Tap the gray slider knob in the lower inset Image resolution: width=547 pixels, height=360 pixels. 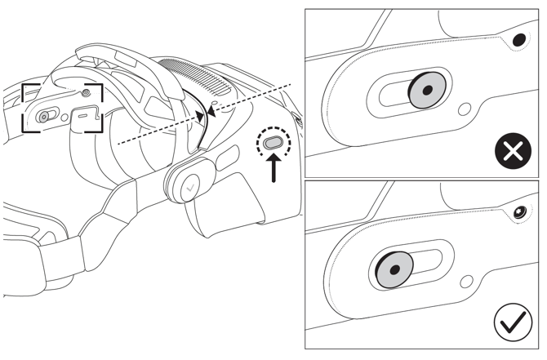pyautogui.click(x=394, y=269)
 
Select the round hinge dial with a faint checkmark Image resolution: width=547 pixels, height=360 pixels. pyautogui.click(x=189, y=185)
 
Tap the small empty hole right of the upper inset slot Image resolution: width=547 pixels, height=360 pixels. pyautogui.click(x=465, y=107)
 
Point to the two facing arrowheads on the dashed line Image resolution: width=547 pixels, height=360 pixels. pyautogui.click(x=206, y=113)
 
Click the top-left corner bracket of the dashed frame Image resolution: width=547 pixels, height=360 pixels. pyautogui.click(x=27, y=87)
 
